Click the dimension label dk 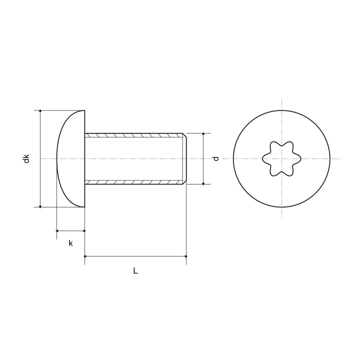pyautogui.click(x=27, y=158)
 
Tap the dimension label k pyautogui.click(x=70, y=243)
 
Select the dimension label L pyautogui.click(x=135, y=271)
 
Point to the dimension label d pyautogui.click(x=216, y=158)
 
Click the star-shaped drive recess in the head pyautogui.click(x=281, y=158)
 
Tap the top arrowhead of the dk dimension pyautogui.click(x=40, y=111)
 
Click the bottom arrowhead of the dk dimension pyautogui.click(x=40, y=206)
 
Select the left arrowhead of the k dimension pyautogui.click(x=57, y=230)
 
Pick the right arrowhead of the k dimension pyautogui.click(x=84, y=230)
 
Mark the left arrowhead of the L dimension pyautogui.click(x=85, y=256)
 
